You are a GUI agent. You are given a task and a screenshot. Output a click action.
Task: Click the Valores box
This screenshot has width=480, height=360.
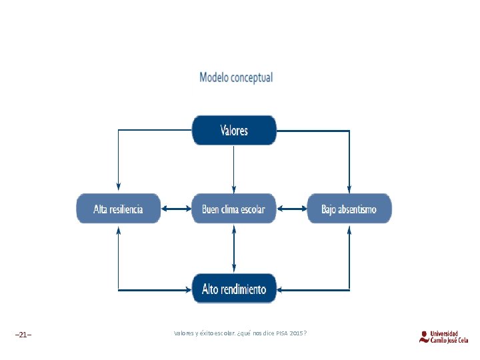(x=233, y=130)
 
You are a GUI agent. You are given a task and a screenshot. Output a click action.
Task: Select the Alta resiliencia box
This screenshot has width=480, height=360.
(x=118, y=209)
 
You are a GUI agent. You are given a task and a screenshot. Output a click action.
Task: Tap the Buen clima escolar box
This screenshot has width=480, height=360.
(x=233, y=209)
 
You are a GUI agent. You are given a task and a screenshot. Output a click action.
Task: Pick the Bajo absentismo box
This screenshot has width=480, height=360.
(x=349, y=209)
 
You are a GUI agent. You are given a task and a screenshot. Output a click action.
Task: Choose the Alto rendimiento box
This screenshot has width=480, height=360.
(x=233, y=289)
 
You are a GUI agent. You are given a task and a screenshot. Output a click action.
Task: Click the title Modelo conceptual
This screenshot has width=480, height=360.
(x=236, y=77)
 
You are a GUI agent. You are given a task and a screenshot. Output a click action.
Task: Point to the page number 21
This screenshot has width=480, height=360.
(x=23, y=334)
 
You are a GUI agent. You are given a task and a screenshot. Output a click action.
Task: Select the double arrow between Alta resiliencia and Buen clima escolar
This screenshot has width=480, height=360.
(x=176, y=209)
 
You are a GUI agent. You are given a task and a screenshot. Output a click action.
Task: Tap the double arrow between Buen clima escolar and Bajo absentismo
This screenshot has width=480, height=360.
(x=291, y=209)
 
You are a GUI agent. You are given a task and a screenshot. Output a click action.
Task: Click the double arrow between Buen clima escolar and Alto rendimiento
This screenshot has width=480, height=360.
(x=233, y=248)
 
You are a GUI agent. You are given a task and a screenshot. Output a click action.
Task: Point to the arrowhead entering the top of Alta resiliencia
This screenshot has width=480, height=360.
(x=118, y=186)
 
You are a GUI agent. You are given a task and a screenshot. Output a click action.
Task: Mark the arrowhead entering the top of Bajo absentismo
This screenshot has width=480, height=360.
(x=349, y=186)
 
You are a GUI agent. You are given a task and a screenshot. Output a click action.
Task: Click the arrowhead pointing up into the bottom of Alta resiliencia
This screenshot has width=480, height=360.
(x=118, y=231)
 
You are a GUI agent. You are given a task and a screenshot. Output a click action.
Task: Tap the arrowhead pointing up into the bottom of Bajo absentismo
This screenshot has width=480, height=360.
(x=349, y=231)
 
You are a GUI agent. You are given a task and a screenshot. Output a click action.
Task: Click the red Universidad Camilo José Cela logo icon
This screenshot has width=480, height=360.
(x=424, y=337)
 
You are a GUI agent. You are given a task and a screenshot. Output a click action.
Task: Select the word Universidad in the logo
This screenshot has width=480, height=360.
(x=445, y=333)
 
